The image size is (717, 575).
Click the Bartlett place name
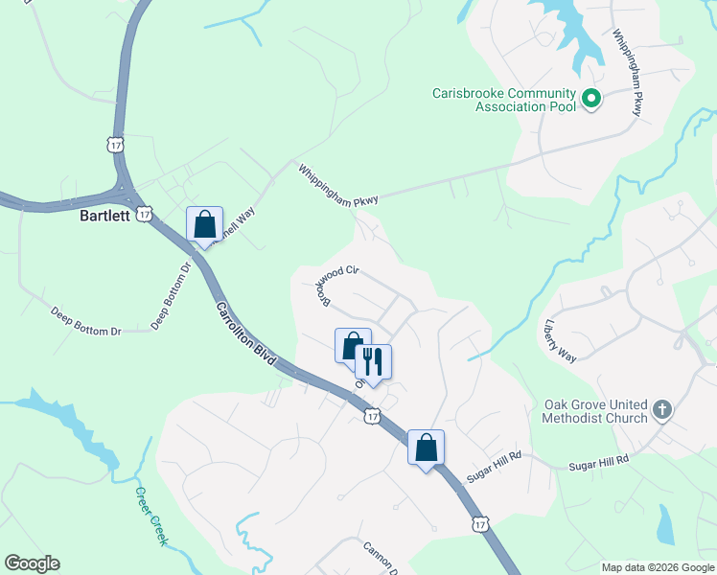(x=104, y=217)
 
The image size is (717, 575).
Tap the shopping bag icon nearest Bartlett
(x=204, y=226)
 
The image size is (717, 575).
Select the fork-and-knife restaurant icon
(x=373, y=362)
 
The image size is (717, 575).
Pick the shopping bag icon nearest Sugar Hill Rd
(x=426, y=448)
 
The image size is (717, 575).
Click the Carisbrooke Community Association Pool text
(x=503, y=100)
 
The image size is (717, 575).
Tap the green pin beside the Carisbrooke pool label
(x=591, y=97)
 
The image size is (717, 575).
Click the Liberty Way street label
(x=560, y=340)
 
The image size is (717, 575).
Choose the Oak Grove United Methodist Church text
(x=594, y=411)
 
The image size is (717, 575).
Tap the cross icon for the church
(x=660, y=410)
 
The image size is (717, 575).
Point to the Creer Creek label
(x=150, y=517)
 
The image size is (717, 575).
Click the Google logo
(x=32, y=563)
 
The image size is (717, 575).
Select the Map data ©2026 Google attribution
(x=657, y=567)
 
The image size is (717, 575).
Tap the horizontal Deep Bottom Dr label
(x=86, y=322)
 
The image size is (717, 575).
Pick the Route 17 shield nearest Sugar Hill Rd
(x=480, y=524)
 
